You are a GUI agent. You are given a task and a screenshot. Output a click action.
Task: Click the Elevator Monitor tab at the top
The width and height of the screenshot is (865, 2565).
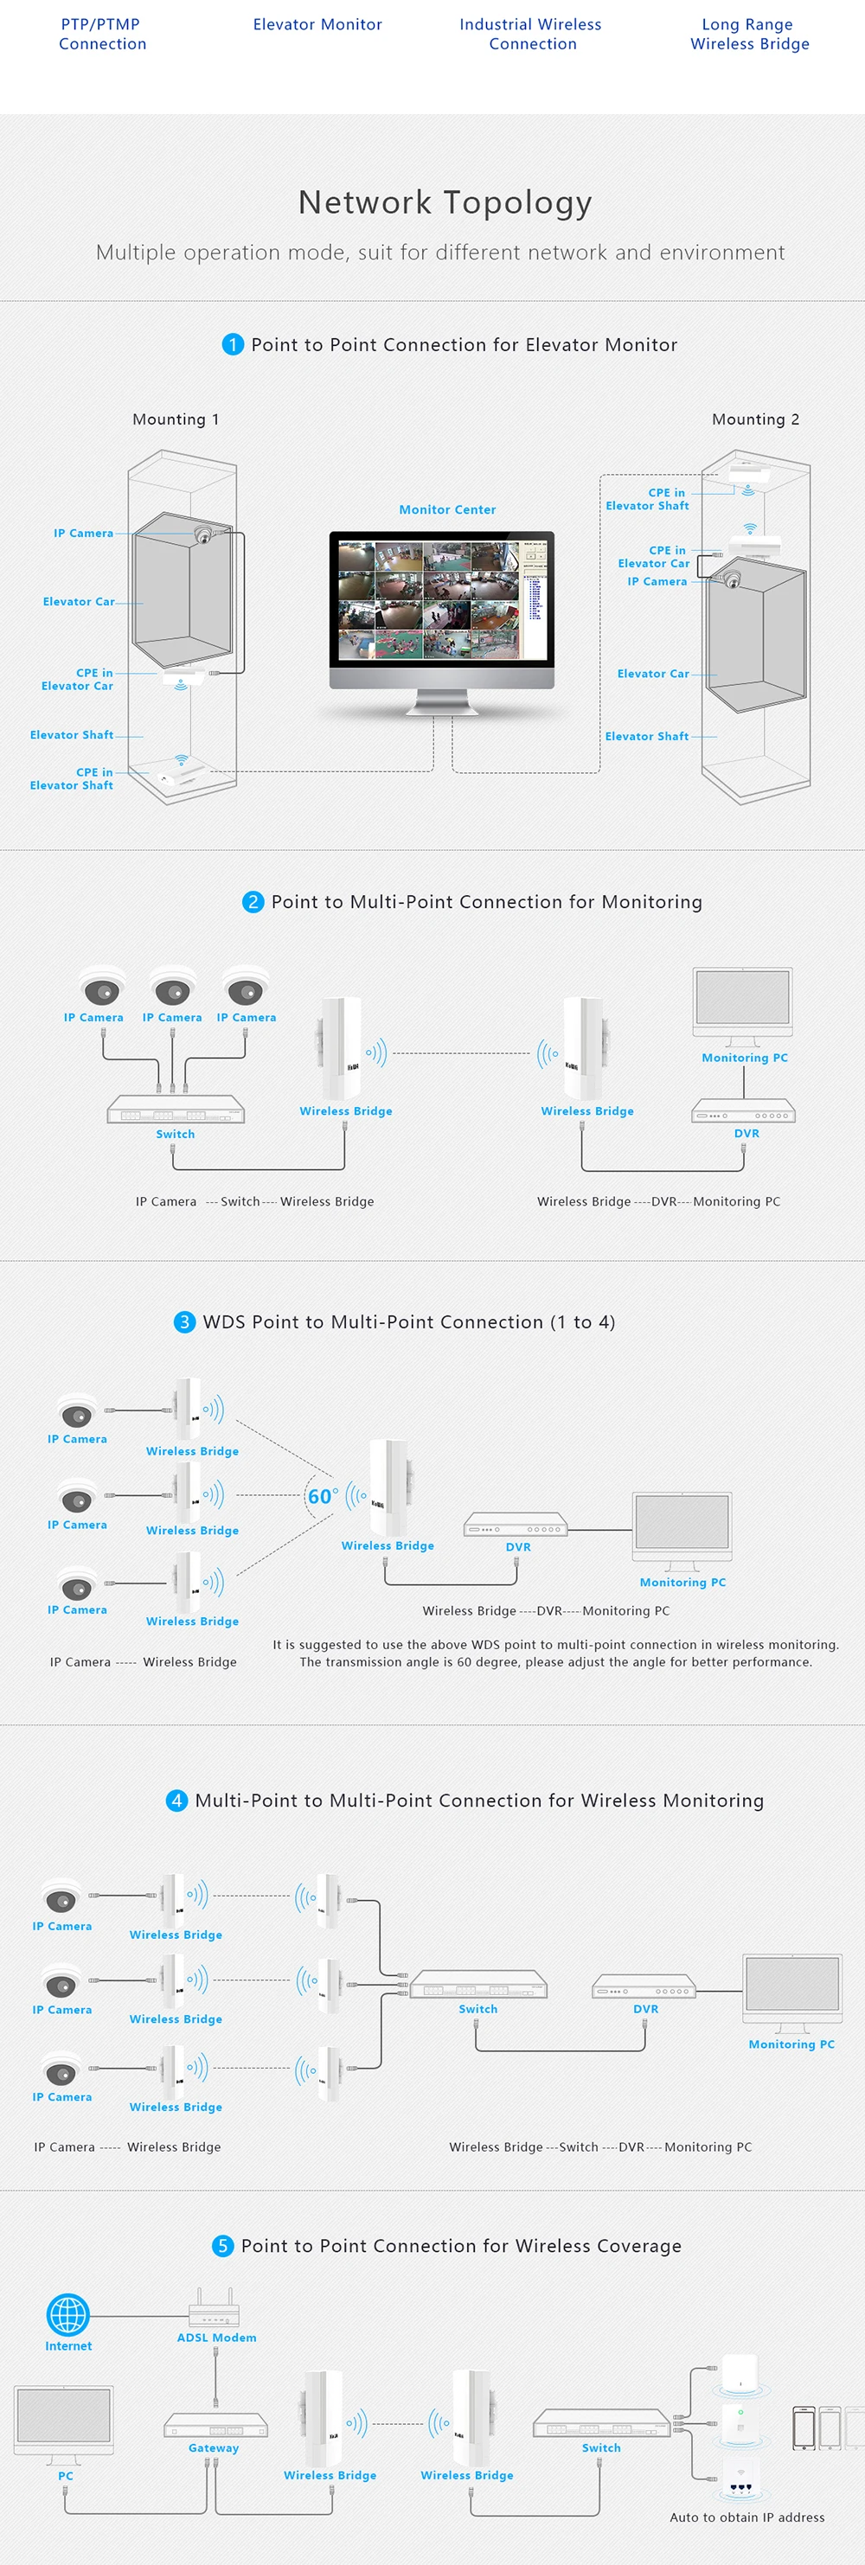pos(317,25)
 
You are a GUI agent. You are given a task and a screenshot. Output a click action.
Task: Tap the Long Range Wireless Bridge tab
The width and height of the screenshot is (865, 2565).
pos(748,34)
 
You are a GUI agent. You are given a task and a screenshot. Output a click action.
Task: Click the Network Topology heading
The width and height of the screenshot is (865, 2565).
pos(445,202)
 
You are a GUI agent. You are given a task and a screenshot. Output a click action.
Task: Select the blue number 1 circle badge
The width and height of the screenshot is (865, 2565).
pos(233,344)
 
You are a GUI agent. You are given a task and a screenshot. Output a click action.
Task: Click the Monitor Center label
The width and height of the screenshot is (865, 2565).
pos(447,510)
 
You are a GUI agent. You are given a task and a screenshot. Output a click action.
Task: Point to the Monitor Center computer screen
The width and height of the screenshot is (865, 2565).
pos(442,599)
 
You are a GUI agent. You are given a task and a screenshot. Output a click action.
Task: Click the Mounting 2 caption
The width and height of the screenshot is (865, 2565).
pos(754,419)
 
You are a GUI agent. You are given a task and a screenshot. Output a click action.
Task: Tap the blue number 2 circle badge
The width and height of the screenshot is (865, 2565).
pos(253,901)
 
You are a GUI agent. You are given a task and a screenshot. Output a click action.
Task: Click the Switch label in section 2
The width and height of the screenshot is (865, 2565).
pos(176,1134)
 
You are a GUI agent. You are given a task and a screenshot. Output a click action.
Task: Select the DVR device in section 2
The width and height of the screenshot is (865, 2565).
pos(744,1110)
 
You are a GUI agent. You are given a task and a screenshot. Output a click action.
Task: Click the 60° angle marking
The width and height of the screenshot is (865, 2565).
pos(322,1497)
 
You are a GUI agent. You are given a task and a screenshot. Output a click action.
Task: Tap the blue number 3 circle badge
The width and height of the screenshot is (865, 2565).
pos(184,1321)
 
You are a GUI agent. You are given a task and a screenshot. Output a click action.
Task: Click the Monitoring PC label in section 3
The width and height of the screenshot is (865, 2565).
pos(682,1583)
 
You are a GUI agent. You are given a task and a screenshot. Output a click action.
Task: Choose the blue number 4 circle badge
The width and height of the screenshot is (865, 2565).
pos(176,1801)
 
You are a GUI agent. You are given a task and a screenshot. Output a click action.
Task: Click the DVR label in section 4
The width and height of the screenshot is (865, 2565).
pos(645,2010)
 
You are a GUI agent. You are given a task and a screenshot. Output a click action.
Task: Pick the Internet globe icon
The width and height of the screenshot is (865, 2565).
pos(67,2314)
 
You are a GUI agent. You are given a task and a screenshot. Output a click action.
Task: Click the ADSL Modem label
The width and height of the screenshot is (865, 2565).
pos(216,2337)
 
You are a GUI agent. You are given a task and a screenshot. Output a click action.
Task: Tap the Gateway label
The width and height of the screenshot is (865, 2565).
pos(213,2447)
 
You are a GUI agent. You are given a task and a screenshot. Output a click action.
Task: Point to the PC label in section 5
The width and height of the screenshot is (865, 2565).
pos(66,2475)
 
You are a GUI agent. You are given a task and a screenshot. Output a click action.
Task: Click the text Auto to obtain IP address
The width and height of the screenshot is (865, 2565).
pos(746,2517)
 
